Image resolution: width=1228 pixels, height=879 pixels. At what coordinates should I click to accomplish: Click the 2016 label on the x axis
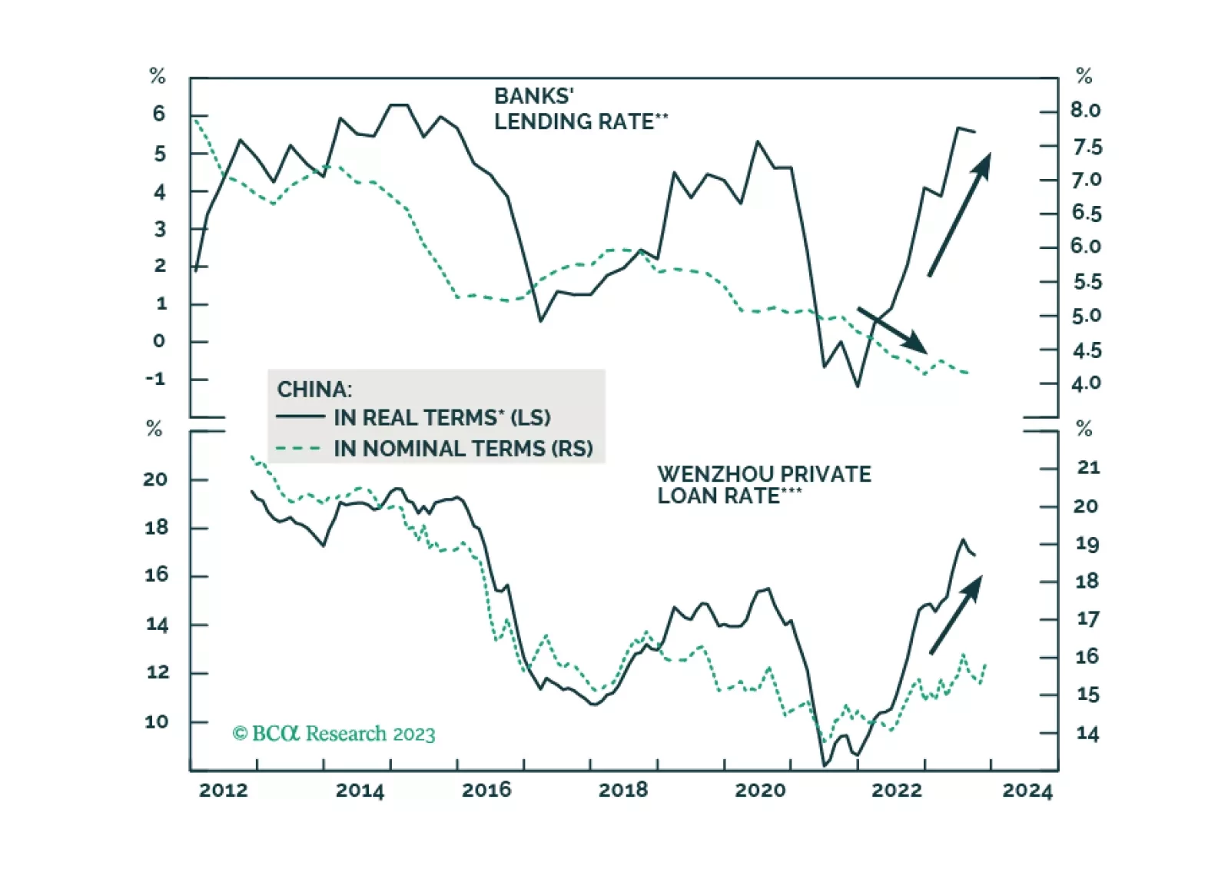(x=486, y=790)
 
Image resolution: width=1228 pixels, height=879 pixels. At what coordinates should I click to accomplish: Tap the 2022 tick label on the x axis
(x=896, y=790)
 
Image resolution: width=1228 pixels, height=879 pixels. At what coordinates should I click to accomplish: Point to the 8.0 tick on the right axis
(x=1085, y=111)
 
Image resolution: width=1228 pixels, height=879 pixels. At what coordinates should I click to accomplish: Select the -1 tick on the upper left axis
(x=156, y=378)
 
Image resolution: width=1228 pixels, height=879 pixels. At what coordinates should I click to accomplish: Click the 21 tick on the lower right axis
(x=1088, y=467)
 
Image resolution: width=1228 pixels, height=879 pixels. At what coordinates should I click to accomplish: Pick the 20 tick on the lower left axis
(x=155, y=479)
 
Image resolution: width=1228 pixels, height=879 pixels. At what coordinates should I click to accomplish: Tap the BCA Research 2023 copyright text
(x=334, y=734)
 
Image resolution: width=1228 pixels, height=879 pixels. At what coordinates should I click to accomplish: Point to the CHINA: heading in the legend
(x=314, y=390)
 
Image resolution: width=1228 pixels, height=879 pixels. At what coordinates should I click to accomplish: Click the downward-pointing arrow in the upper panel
(x=891, y=330)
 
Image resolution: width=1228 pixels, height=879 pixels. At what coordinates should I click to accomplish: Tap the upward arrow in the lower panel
(x=955, y=615)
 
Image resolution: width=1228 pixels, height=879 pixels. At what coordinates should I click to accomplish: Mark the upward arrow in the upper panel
(x=959, y=214)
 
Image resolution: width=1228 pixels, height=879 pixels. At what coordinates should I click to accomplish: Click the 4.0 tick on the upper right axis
(x=1086, y=383)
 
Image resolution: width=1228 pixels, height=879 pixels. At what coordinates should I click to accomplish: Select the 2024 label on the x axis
(x=1027, y=790)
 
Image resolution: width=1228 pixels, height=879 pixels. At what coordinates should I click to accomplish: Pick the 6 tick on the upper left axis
(x=159, y=114)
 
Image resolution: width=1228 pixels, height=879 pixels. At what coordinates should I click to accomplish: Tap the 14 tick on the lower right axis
(x=1087, y=734)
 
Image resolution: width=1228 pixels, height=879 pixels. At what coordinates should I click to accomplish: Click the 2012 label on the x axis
(x=224, y=790)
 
